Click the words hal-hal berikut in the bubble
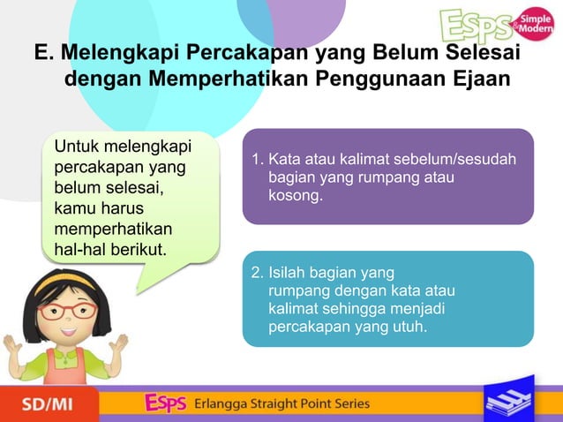click(110, 249)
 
